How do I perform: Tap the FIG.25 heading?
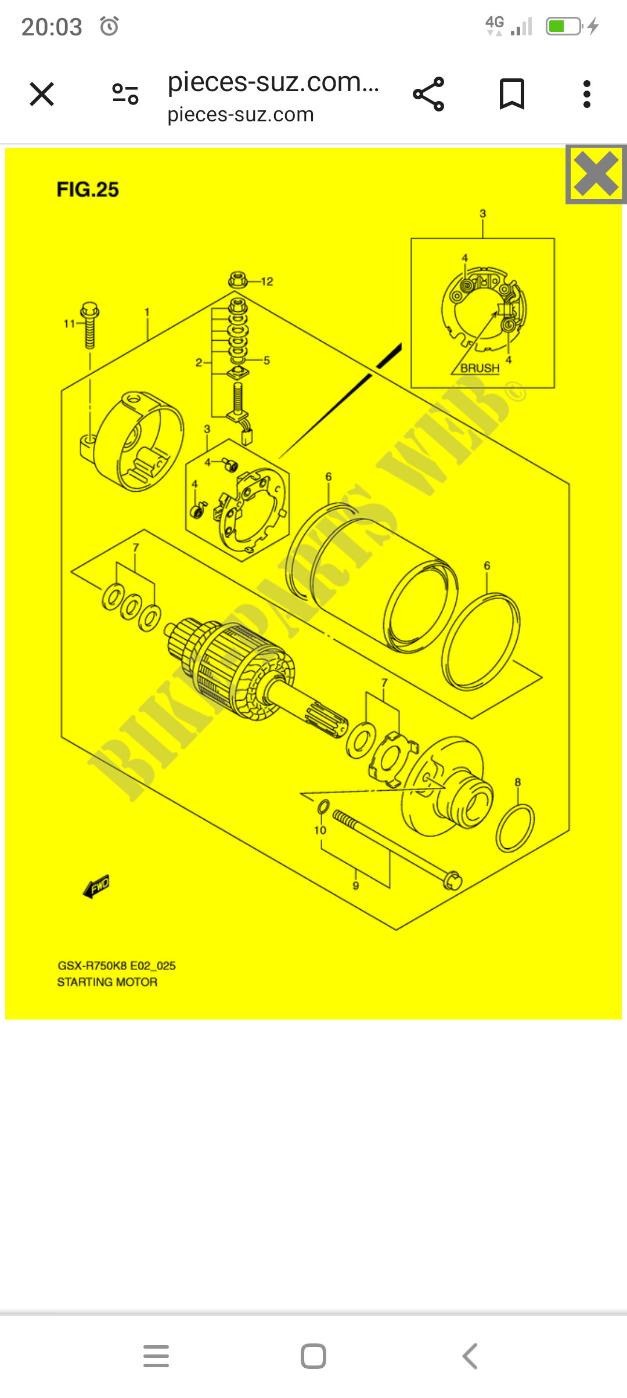click(88, 190)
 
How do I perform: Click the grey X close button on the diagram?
click(596, 174)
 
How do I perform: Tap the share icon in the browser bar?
click(428, 94)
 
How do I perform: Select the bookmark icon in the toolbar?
click(511, 94)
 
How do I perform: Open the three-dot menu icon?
click(587, 94)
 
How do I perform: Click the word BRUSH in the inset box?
click(480, 368)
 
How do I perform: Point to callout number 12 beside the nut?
click(267, 282)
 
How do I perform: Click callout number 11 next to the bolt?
click(69, 323)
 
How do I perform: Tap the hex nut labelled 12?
click(238, 280)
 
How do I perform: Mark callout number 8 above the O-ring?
click(518, 782)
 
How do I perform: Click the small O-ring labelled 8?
click(515, 828)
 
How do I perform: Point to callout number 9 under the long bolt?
click(356, 885)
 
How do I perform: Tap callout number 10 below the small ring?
click(320, 830)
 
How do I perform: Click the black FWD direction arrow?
click(97, 887)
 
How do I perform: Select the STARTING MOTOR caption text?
click(107, 982)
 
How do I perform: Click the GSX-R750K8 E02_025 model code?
click(116, 965)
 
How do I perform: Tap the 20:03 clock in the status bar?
click(52, 27)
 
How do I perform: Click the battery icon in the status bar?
click(563, 26)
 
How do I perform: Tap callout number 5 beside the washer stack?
click(266, 361)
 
